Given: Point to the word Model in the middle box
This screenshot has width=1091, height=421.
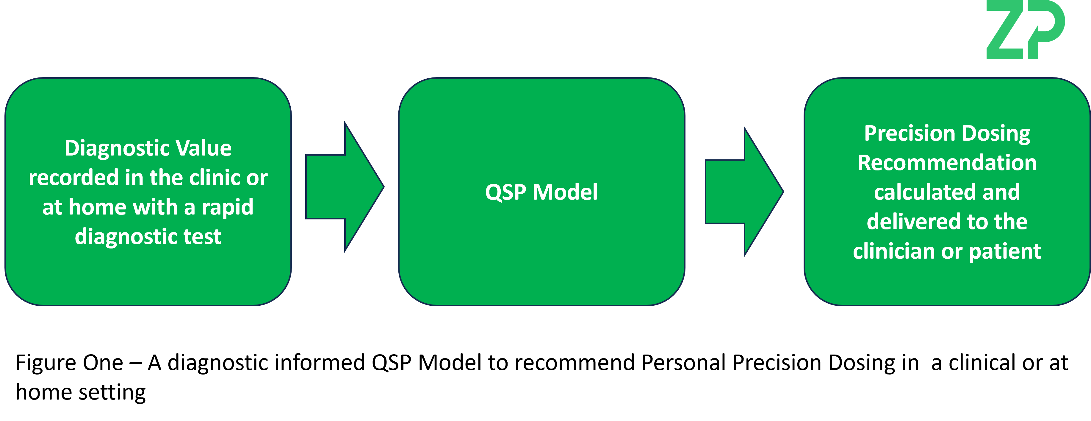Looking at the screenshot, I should pyautogui.click(x=565, y=192).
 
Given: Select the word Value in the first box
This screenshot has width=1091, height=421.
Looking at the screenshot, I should pyautogui.click(x=204, y=148).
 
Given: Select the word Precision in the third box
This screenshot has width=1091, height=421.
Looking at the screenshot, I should pyautogui.click(x=909, y=133).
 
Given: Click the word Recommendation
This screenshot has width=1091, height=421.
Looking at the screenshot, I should pyautogui.click(x=947, y=163).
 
